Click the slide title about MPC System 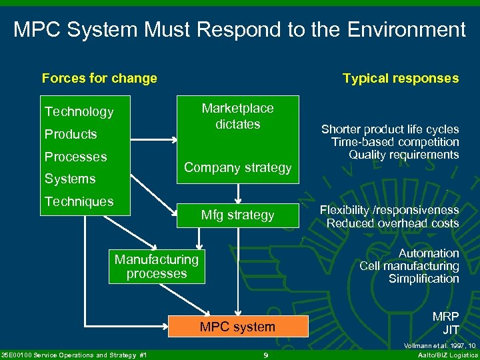240,29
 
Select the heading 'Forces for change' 99,78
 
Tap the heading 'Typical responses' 400,78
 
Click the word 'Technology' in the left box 79,111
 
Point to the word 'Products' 71,134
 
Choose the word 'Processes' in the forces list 75,157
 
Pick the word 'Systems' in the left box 70,179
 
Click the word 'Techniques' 79,201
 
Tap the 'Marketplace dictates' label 237,116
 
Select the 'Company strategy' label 237,167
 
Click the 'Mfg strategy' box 237,215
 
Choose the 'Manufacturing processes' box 157,266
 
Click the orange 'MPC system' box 237,327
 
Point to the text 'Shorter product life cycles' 390,129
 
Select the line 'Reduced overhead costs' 393,223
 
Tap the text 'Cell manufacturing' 409,266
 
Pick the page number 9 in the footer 265,355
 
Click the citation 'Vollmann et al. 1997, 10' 438,346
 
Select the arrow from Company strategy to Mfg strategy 238,192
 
